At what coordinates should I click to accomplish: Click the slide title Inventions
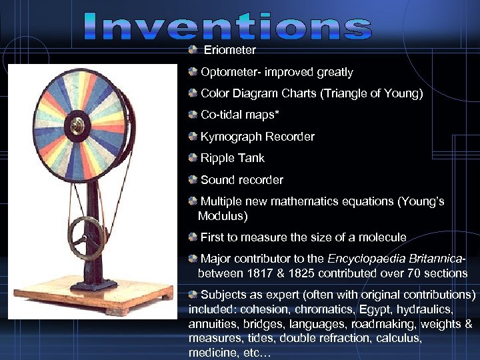(x=227, y=27)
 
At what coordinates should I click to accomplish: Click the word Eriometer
(x=229, y=50)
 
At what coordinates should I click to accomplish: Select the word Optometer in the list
(x=227, y=72)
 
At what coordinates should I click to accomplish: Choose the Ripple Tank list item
(x=232, y=158)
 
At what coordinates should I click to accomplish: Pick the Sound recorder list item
(x=241, y=180)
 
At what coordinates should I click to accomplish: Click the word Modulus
(x=223, y=216)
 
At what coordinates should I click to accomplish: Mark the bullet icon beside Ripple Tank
(x=193, y=158)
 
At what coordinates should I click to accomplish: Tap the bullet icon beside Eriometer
(x=193, y=50)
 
